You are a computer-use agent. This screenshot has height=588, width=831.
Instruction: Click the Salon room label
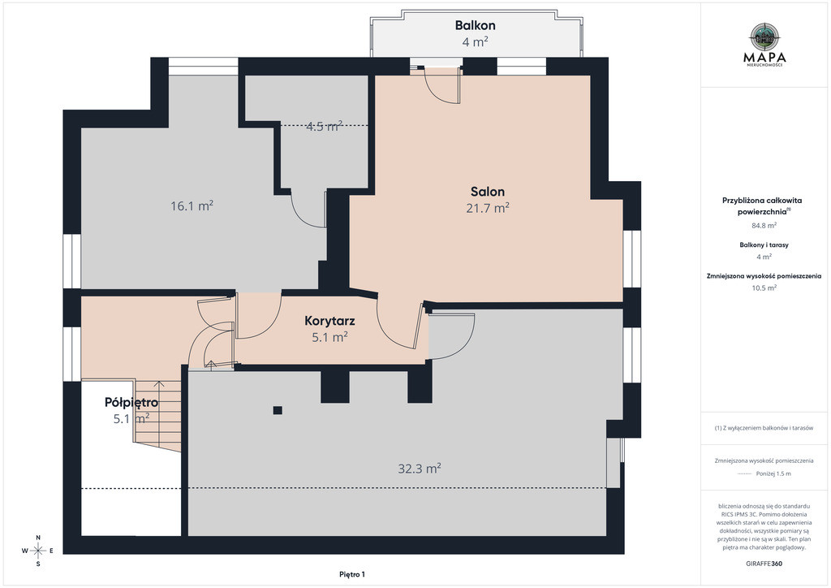coord(488,192)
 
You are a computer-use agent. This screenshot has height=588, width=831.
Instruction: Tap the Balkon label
coord(476,25)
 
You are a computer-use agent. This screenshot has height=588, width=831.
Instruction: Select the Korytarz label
coord(329,320)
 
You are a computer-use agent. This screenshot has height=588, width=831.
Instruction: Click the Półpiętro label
coord(131,403)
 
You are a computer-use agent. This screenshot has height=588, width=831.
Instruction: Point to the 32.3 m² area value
coord(420,468)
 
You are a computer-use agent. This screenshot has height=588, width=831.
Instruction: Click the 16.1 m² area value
coord(192,205)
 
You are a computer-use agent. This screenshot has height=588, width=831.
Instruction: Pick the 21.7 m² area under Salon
coord(488,208)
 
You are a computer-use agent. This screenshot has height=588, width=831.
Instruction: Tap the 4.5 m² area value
coord(325,126)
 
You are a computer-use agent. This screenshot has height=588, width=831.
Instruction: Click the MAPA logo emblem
coord(764,36)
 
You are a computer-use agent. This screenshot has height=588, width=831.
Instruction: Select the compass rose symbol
coord(38,551)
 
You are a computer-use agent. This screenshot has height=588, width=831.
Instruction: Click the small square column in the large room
coord(278,410)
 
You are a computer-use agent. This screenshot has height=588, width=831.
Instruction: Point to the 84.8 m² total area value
coord(764,225)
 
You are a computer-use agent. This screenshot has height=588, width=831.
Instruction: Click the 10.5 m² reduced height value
coord(764,288)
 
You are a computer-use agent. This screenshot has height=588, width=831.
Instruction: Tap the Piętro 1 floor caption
coord(352,574)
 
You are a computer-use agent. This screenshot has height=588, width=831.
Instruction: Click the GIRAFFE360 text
coord(764,564)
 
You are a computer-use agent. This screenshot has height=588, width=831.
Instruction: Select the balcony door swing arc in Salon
coord(436,91)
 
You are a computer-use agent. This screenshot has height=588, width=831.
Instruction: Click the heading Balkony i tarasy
coord(764,245)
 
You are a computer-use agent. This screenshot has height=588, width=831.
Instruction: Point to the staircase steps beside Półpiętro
coord(158,416)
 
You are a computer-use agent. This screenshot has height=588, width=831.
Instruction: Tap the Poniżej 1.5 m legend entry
coord(773,473)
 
